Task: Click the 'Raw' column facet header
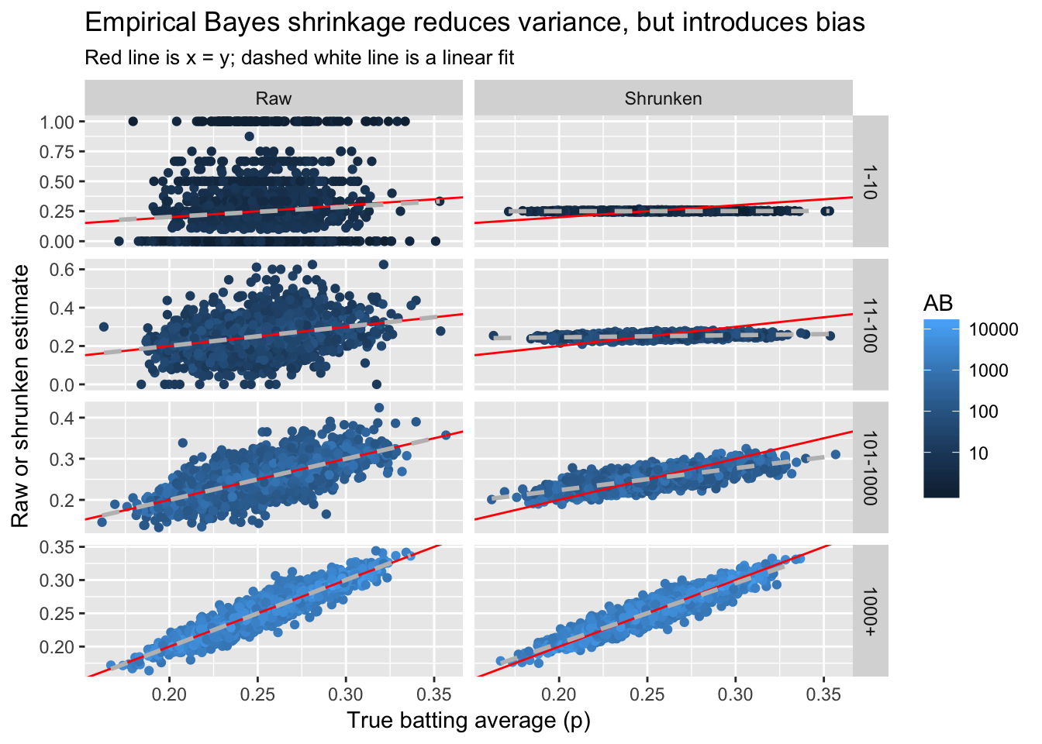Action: [x=274, y=98]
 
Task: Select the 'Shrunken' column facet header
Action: [x=663, y=98]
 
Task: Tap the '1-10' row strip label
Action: [x=870, y=181]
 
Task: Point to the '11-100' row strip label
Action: [x=870, y=325]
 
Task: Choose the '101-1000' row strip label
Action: [x=870, y=467]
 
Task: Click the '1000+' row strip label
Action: [x=870, y=611]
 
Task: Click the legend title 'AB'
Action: [x=938, y=303]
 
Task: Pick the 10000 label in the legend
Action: [x=993, y=330]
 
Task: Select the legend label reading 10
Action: [x=978, y=453]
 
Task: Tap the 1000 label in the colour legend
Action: [x=989, y=371]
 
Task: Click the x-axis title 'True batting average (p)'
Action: [x=468, y=721]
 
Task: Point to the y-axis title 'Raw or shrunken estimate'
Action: [x=20, y=396]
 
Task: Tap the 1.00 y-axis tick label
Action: [x=57, y=122]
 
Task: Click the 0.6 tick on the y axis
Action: [x=64, y=270]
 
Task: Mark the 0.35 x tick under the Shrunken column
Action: [x=823, y=694]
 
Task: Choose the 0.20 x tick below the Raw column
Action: [x=169, y=694]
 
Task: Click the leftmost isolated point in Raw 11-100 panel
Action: [x=104, y=327]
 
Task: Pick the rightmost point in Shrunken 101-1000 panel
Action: [x=835, y=455]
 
